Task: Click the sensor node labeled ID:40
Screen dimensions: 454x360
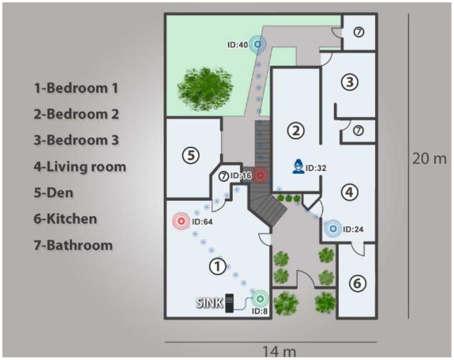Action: (x=258, y=44)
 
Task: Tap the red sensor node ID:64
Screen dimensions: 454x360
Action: (x=181, y=221)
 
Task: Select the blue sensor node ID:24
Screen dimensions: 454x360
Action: (x=333, y=229)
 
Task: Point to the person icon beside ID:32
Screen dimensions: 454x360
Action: (x=298, y=166)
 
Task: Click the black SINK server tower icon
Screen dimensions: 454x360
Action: (x=230, y=303)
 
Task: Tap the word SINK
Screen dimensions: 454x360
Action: (x=209, y=303)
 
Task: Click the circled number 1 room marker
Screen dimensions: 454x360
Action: (x=217, y=266)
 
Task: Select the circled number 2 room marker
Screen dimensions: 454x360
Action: (x=295, y=130)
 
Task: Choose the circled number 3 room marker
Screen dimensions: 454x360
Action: (x=350, y=82)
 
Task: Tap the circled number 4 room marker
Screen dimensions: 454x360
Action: (x=350, y=192)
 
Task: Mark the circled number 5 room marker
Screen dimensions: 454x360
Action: (x=191, y=155)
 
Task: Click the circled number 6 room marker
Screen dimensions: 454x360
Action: (x=358, y=283)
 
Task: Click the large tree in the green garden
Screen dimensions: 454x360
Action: (x=205, y=89)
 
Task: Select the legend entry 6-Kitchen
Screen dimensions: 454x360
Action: (x=65, y=219)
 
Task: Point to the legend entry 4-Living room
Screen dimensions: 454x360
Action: (x=80, y=167)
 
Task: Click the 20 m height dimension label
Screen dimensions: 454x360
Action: (x=429, y=159)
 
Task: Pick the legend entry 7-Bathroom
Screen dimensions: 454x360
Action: (x=73, y=245)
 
